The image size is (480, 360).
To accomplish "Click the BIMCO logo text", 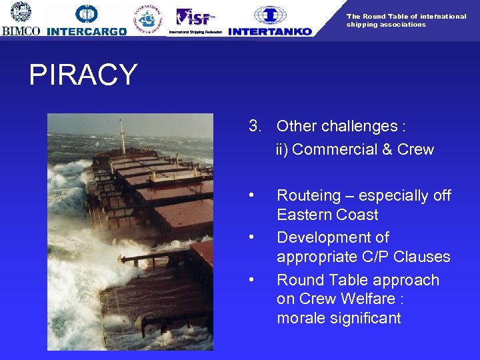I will (x=21, y=31).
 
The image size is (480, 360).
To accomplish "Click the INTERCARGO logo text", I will (x=87, y=31).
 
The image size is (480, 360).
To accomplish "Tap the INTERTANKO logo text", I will (x=269, y=31).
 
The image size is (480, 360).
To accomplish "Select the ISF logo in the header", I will (x=193, y=17).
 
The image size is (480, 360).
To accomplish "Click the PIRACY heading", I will (x=83, y=75).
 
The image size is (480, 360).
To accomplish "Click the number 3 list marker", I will (x=253, y=126).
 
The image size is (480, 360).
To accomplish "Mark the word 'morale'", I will (x=299, y=318).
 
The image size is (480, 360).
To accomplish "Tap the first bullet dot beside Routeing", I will (x=251, y=195).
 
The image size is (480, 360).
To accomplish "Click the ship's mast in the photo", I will (x=122, y=137).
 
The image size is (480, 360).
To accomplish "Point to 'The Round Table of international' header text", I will (x=406, y=16).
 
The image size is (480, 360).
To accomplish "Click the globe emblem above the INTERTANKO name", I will (x=271, y=15).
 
